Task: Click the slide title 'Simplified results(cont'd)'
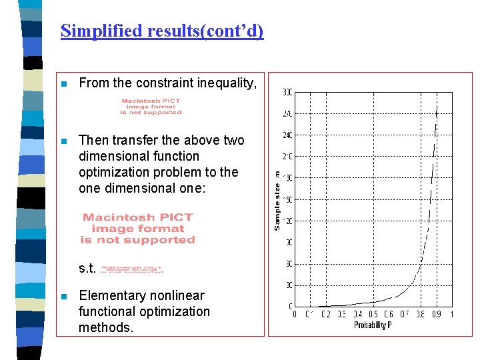tap(162, 31)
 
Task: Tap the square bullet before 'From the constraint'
tap(63, 84)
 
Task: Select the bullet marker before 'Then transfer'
tap(63, 141)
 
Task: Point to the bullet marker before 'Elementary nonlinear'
tap(63, 297)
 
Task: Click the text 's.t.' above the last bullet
tap(87, 269)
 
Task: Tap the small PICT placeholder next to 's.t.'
tap(131, 269)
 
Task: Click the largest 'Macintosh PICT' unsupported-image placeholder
tap(138, 228)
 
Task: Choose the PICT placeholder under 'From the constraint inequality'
tap(151, 107)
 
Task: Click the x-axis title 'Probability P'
tap(370, 325)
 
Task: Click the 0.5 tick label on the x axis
tap(373, 315)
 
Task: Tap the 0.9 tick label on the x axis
tap(436, 315)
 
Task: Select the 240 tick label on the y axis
tap(287, 135)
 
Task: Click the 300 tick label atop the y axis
tap(287, 92)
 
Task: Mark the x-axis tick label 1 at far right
tap(451, 315)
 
